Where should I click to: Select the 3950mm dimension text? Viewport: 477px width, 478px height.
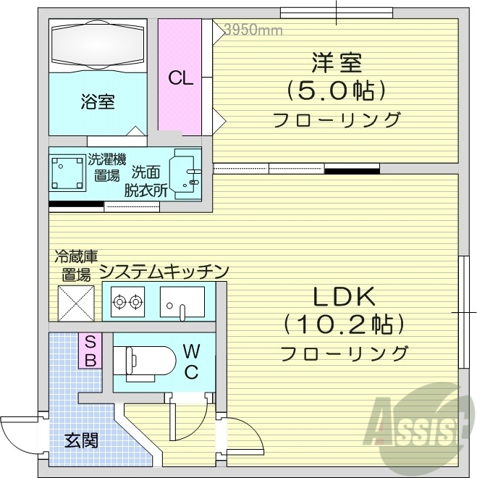(x=253, y=30)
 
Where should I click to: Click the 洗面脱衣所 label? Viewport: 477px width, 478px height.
(x=147, y=182)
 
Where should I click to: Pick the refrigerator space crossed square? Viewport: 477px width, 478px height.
(x=76, y=301)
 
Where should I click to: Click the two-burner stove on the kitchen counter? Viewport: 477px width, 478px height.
(x=128, y=301)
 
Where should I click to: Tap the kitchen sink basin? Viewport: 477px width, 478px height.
(x=182, y=301)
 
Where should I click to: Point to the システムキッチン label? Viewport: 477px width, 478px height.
(x=164, y=272)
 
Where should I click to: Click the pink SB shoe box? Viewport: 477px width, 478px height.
(x=91, y=350)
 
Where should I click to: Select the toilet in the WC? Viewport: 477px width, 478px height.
(x=148, y=360)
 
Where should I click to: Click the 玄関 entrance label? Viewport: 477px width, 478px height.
(x=81, y=440)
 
